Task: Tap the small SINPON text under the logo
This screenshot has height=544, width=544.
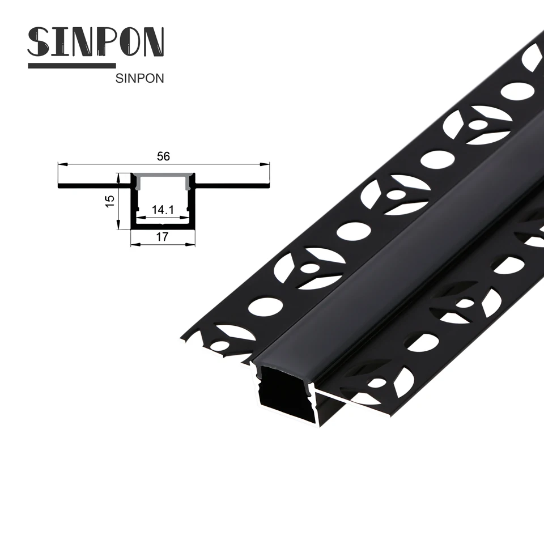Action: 139,79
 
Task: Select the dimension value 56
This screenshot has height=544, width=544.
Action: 164,157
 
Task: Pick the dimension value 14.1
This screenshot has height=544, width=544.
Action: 162,210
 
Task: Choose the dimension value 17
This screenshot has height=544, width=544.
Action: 163,237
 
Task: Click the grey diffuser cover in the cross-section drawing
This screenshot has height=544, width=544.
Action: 163,176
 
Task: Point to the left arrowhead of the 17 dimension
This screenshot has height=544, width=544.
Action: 134,244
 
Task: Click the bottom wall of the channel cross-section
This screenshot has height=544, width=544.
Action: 163,228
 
